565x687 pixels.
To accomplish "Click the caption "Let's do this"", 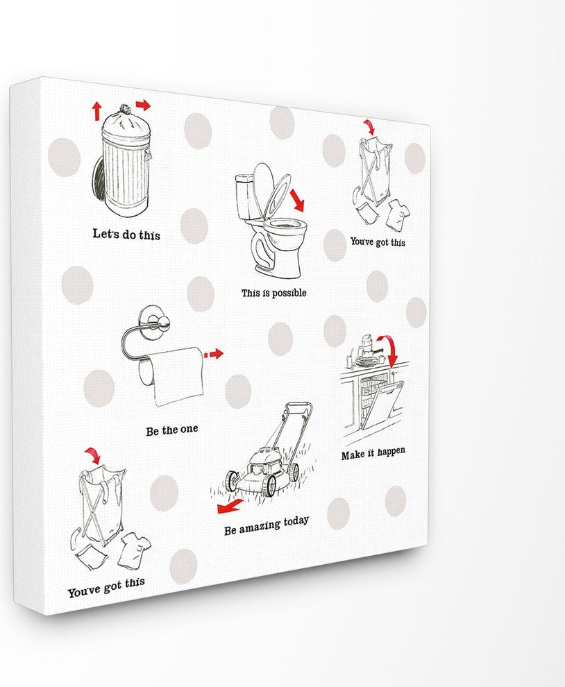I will [x=126, y=234].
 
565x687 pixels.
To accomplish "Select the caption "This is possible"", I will [x=273, y=293].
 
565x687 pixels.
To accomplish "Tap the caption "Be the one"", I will [x=171, y=430].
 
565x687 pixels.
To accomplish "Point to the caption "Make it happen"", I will [x=373, y=453].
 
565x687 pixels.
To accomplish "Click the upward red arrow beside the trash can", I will [x=96, y=110].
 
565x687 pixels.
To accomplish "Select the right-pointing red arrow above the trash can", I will [x=143, y=105].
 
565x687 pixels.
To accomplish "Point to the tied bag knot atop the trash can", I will [x=125, y=110].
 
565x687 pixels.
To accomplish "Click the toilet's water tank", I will [x=246, y=196].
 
